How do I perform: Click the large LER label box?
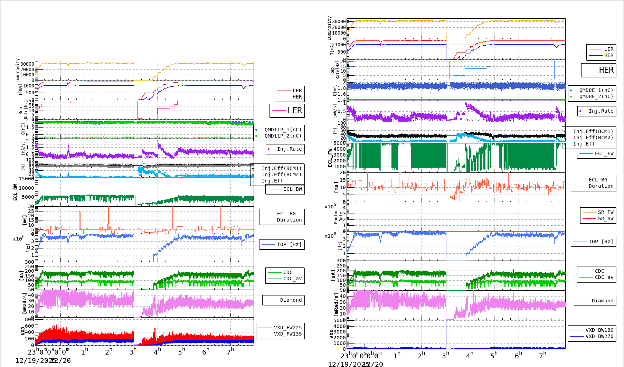coord(287,111)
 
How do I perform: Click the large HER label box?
coord(598,70)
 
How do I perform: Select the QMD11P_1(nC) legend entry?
coord(283,130)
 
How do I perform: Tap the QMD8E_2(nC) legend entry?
coord(596,96)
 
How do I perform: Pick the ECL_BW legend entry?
coord(292,189)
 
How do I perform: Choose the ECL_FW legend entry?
coord(604,153)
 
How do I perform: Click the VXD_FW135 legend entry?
coord(287,334)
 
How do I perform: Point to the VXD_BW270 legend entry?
coord(599,336)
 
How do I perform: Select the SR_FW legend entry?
coord(605,212)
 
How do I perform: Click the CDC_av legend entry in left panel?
coord(292,279)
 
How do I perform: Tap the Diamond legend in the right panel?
coord(602,301)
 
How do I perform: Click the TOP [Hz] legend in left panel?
coord(289,244)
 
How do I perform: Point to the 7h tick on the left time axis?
coord(230,351)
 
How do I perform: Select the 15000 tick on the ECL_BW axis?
coord(27,179)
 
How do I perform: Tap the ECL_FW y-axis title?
coord(330,158)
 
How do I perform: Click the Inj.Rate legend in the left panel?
coord(289,149)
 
